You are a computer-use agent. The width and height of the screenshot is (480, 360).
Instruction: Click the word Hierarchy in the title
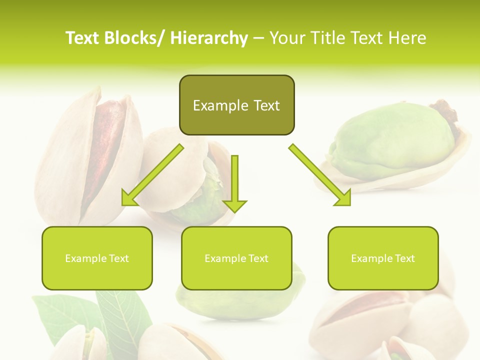pos(209,38)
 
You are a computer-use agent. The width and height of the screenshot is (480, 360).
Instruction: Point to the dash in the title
pos(258,38)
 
